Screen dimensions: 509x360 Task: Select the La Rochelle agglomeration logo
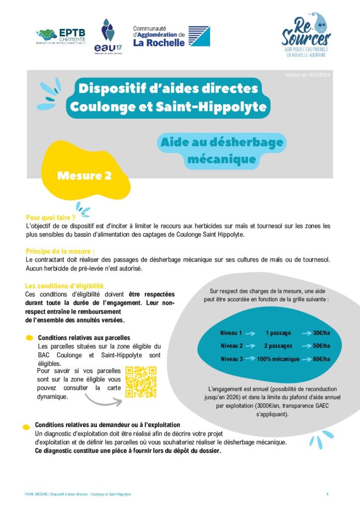point(171,36)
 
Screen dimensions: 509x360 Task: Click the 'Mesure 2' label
point(84,175)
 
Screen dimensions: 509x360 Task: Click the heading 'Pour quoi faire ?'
point(51,218)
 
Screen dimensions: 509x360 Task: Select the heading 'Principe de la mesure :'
point(60,252)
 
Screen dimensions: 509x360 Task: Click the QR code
point(141,382)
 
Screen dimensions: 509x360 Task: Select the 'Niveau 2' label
point(231,346)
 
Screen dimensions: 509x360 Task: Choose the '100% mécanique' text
point(278,359)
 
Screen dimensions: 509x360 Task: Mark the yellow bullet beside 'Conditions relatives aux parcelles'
point(30,338)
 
